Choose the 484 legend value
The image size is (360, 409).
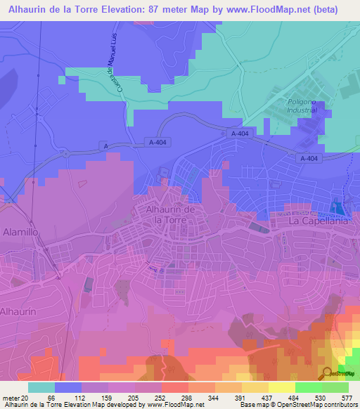pyautogui.click(x=295, y=398)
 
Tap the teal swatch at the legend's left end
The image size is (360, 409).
pyautogui.click(x=41, y=387)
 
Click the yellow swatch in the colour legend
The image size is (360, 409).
pyautogui.click(x=281, y=387)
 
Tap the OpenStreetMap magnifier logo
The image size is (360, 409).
pyautogui.click(x=328, y=372)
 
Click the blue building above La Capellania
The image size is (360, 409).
pyautogui.click(x=339, y=209)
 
